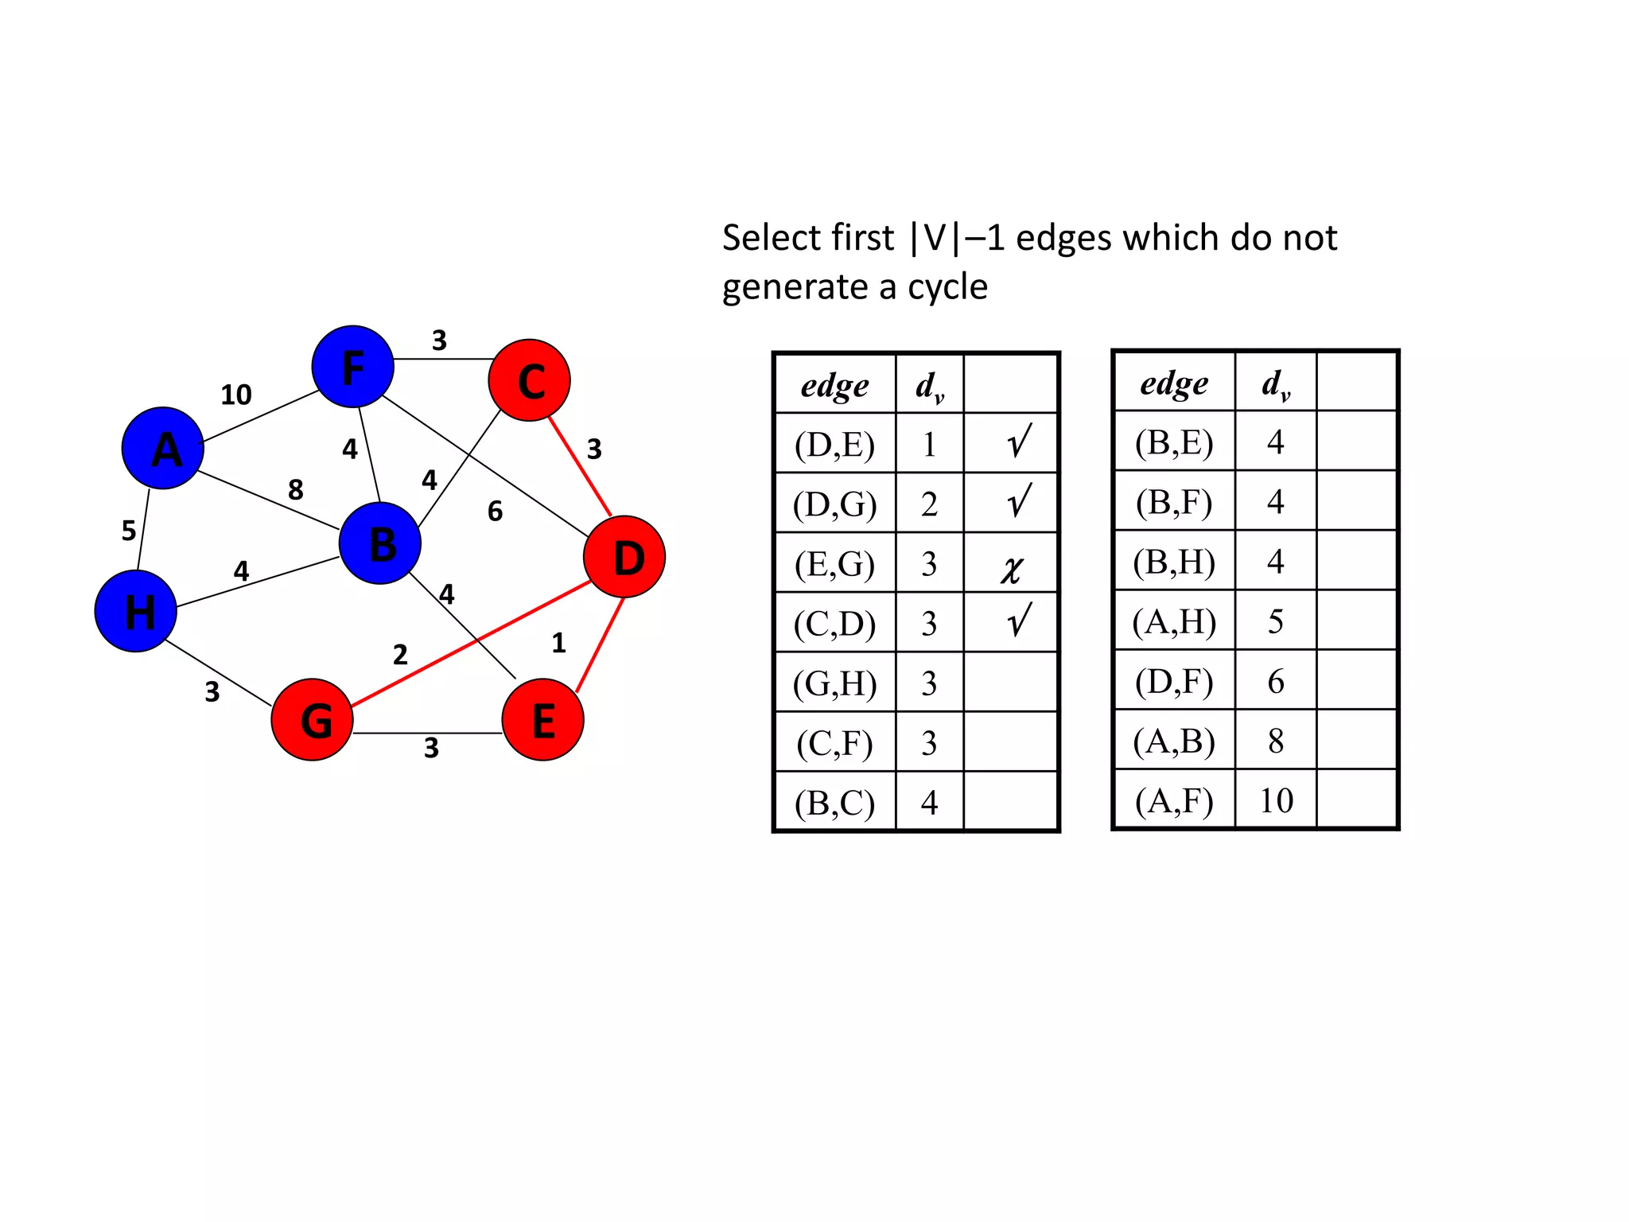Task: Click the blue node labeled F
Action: (352, 367)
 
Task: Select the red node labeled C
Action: (530, 380)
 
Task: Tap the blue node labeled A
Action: (163, 448)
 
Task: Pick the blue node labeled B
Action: (380, 543)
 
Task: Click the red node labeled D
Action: (624, 557)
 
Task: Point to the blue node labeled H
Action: (136, 611)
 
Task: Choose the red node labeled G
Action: (313, 719)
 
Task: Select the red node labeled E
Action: (543, 719)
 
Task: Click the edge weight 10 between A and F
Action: (236, 395)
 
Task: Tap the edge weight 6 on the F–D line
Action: (495, 511)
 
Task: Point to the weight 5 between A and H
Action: (129, 531)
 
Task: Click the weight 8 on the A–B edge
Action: (296, 489)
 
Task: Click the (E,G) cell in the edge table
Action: (834, 564)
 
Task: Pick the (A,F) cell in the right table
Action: (1174, 800)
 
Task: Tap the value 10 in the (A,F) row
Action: (1276, 800)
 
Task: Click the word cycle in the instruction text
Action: (947, 287)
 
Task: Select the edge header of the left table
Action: (834, 386)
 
